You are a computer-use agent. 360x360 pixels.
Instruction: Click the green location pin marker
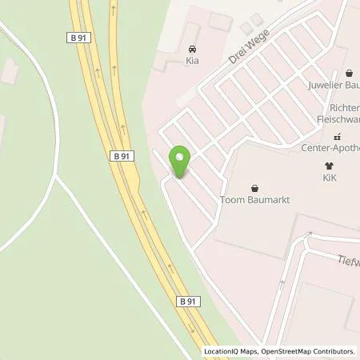(x=179, y=162)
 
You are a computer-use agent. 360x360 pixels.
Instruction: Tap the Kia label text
(x=191, y=59)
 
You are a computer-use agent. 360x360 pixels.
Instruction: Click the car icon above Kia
(x=191, y=48)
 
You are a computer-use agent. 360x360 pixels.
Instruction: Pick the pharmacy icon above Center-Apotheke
(x=337, y=136)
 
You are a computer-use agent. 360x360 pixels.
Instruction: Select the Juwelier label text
(x=331, y=82)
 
